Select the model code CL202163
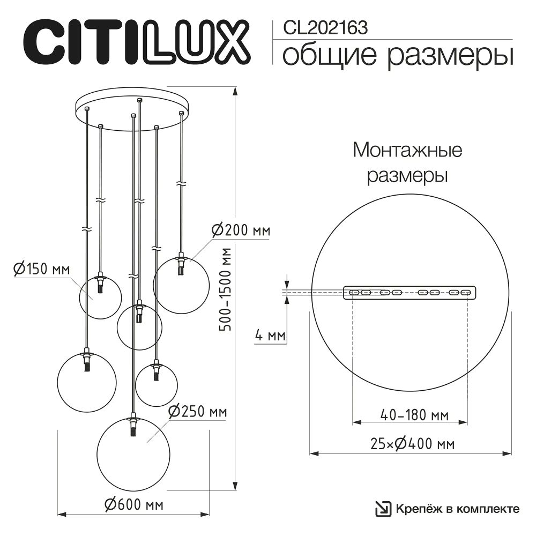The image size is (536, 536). tap(321, 27)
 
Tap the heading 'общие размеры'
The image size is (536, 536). tap(397, 56)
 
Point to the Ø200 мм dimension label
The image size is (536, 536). tap(241, 231)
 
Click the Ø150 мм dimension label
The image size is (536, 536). tap(41, 269)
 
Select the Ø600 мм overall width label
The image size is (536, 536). tap(133, 504)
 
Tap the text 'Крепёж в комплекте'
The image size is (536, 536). tap(458, 509)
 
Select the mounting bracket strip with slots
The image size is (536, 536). tap(409, 293)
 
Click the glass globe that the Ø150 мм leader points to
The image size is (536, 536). tap(100, 298)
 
